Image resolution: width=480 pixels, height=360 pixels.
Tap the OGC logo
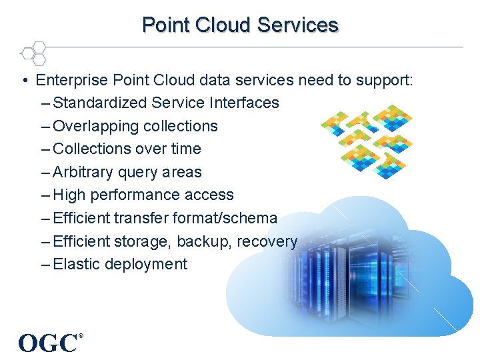(x=48, y=343)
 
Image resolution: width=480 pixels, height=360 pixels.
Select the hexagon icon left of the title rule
(x=33, y=53)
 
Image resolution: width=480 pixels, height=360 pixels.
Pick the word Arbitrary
(x=83, y=172)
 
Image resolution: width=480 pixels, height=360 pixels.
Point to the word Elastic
(x=74, y=264)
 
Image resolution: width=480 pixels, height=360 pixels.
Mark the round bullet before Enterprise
(x=24, y=81)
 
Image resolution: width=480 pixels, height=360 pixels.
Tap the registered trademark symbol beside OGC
(x=81, y=335)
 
